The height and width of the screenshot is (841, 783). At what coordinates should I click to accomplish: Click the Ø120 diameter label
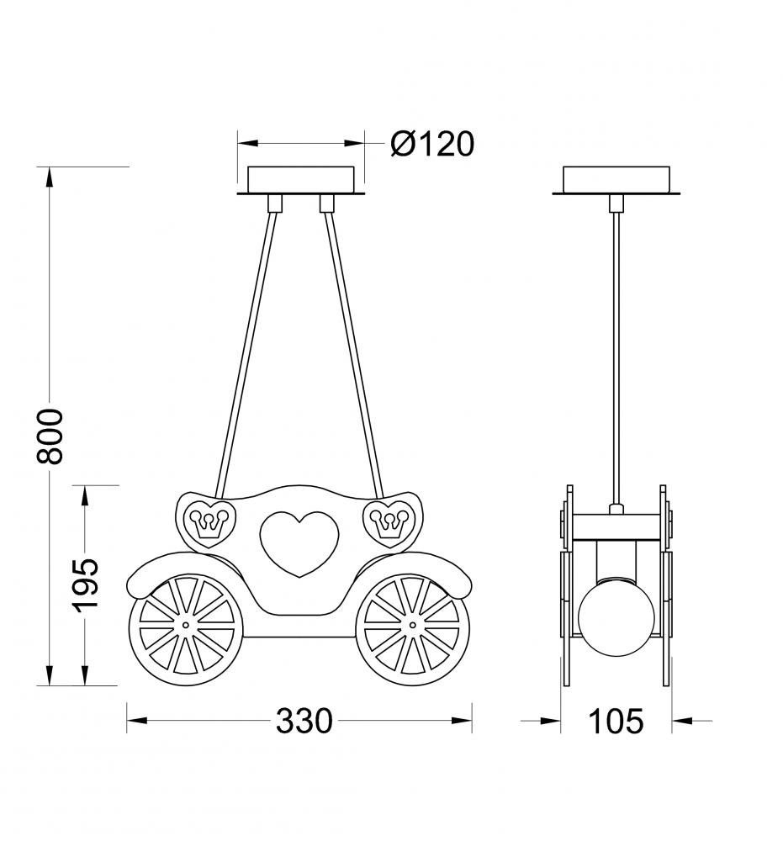click(432, 144)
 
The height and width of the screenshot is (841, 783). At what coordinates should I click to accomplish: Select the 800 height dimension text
click(50, 435)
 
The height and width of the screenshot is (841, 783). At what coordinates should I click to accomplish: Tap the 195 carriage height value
click(85, 584)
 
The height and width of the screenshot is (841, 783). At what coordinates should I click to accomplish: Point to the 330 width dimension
click(304, 721)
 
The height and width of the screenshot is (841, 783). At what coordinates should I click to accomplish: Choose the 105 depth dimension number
click(616, 721)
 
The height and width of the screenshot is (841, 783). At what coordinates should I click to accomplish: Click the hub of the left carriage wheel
click(186, 625)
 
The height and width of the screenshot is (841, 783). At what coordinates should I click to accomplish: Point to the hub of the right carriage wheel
click(412, 625)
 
